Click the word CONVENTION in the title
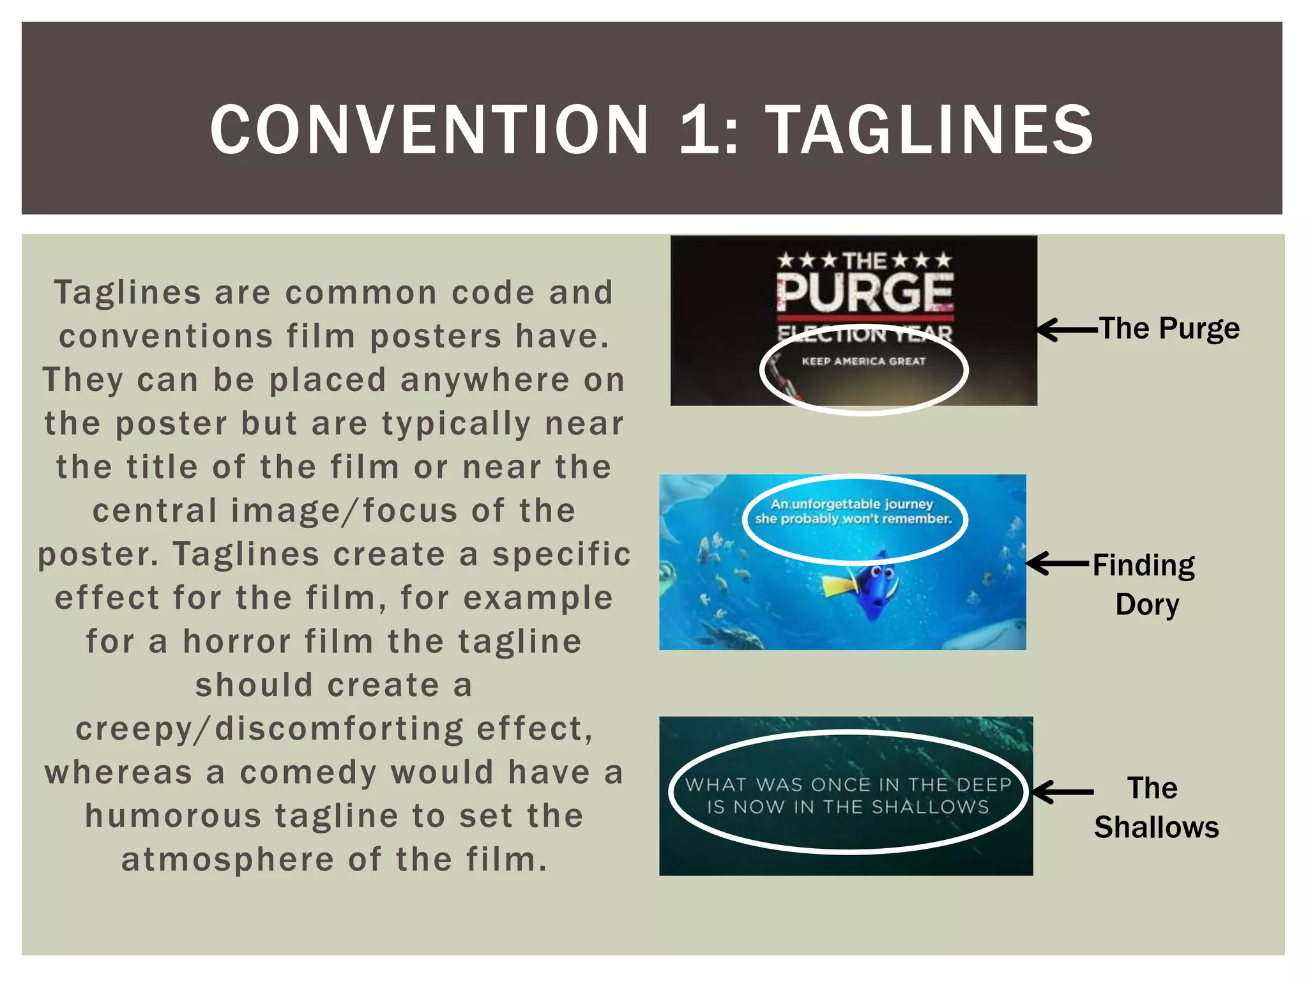pyautogui.click(x=429, y=130)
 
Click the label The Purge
pyautogui.click(x=1169, y=329)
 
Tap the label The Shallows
pyautogui.click(x=1156, y=807)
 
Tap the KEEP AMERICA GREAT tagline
pyautogui.click(x=863, y=361)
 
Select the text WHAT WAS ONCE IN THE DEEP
pyautogui.click(x=848, y=784)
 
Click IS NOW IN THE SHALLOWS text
pyautogui.click(x=848, y=807)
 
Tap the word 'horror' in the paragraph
pyautogui.click(x=236, y=641)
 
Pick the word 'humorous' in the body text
pyautogui.click(x=173, y=816)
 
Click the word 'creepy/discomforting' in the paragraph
pyautogui.click(x=268, y=729)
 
